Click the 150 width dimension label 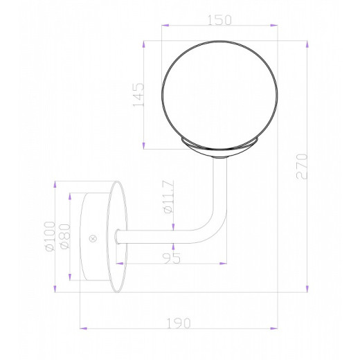(x=219, y=21)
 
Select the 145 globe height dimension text (x=138, y=96)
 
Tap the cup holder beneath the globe (x=219, y=145)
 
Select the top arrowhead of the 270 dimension (x=307, y=44)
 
